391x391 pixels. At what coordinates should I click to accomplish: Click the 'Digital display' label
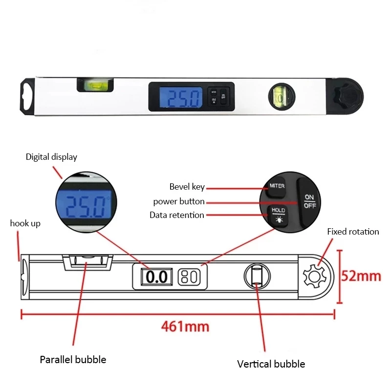51,157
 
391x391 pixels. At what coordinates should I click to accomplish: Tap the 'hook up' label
25,223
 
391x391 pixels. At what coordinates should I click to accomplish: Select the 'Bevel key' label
187,187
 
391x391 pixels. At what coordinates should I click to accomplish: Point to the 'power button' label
178,201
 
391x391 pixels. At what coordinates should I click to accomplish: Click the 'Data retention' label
176,215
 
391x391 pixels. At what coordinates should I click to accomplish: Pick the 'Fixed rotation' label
353,232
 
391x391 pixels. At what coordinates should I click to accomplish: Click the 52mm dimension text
361,276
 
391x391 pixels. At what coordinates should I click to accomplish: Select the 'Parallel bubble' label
73,360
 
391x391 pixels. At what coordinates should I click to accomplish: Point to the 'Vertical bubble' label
271,364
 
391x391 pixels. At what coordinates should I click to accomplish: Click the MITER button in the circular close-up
277,186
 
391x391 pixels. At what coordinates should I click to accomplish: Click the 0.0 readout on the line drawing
157,277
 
